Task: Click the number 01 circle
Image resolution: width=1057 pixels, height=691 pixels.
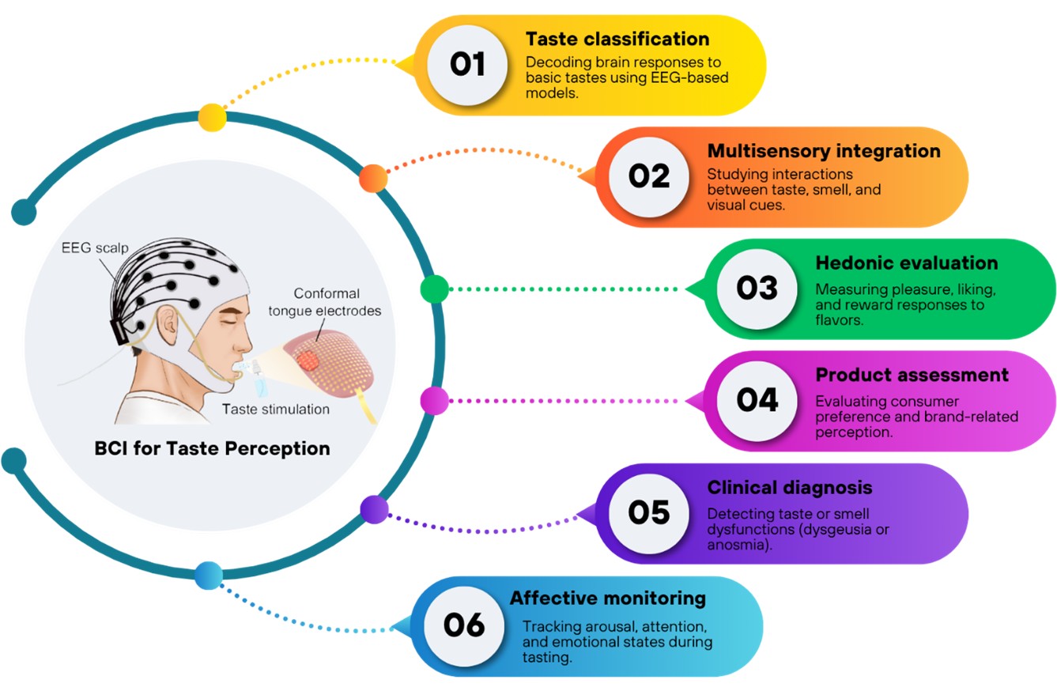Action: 467,65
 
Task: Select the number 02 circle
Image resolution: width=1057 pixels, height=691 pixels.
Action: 648,177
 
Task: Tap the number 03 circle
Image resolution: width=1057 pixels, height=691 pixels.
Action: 757,289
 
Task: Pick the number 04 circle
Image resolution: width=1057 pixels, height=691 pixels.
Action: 757,400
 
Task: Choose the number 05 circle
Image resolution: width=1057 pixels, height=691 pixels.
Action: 648,512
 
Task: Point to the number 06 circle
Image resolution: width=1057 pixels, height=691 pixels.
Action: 464,625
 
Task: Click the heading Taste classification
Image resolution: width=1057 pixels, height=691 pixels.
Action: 617,39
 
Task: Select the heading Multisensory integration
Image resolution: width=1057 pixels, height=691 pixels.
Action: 824,151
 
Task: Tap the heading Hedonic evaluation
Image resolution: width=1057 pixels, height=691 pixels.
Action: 907,262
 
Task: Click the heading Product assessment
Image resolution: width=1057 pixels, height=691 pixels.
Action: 912,375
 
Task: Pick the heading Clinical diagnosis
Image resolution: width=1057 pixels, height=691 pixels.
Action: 790,487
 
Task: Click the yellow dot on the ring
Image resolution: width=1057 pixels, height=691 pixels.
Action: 212,117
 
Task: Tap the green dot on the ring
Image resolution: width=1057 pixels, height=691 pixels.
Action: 434,289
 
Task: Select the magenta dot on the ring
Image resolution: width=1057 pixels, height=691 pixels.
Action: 434,401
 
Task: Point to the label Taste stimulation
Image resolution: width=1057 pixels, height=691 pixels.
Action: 276,410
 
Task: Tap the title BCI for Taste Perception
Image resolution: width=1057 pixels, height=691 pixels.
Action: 211,449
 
